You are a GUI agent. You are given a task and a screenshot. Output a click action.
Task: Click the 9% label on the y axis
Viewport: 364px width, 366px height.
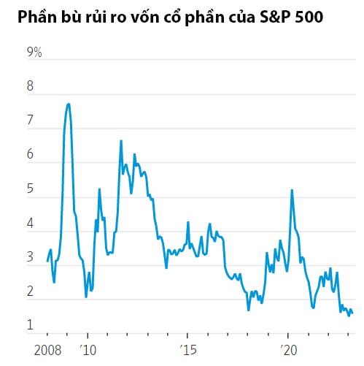point(34,53)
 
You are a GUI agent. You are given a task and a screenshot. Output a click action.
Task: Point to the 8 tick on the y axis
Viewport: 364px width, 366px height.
point(31,87)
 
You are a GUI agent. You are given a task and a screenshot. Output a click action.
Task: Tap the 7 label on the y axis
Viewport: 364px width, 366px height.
point(31,121)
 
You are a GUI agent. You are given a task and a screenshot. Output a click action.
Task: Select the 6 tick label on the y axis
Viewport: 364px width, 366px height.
point(31,156)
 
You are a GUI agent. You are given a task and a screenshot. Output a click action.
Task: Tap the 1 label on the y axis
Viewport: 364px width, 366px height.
point(31,325)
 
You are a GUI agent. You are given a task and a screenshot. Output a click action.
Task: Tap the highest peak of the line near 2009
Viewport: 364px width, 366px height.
point(69,104)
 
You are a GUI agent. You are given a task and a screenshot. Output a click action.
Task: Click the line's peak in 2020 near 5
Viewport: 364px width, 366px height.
point(293,190)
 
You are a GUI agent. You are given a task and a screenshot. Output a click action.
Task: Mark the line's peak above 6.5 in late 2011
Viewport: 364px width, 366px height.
point(121,140)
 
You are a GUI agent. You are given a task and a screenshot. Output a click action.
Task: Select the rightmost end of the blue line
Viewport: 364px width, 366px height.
point(353,314)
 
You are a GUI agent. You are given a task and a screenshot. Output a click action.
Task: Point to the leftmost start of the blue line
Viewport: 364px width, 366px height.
point(47,261)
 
